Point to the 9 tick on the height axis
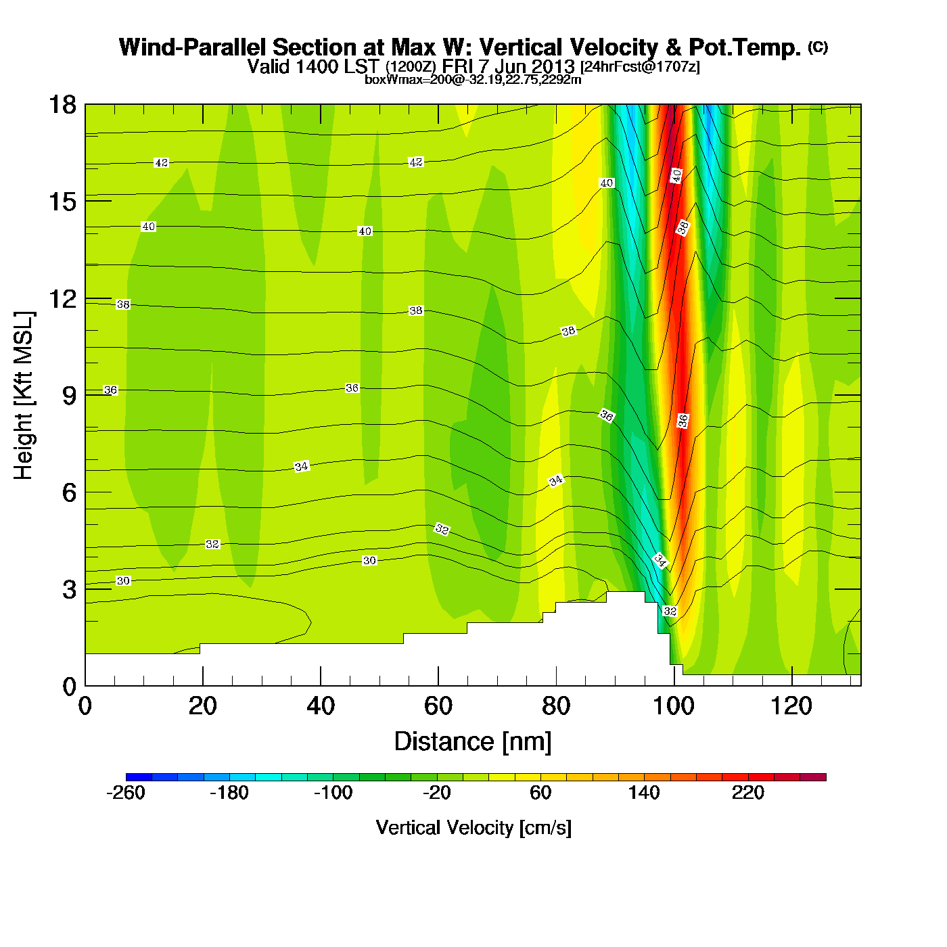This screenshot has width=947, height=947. pos(69,396)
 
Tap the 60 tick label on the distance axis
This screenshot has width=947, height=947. pos(438,706)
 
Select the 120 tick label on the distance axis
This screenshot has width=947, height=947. pos(791,706)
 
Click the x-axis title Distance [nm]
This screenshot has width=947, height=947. pos(473,742)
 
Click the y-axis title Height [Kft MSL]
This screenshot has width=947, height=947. pos(24,396)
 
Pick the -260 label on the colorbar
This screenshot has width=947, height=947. pos(126,793)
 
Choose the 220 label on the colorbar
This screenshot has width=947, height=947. pos(747,793)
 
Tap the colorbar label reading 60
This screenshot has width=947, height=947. pos(540,793)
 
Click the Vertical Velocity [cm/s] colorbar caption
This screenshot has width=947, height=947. pos(473,828)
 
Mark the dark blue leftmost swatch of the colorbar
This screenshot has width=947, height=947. pos(139,777)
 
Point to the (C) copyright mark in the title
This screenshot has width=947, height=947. pos(818,47)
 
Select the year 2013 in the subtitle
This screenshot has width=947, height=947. pos(553,66)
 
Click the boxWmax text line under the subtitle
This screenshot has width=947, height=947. pos(473,79)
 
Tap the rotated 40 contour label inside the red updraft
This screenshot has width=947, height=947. pos(676,176)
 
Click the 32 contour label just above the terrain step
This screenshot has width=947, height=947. pos(670,611)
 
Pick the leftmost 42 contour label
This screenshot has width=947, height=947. pos(161,163)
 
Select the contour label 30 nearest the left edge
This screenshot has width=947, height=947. pos(123,581)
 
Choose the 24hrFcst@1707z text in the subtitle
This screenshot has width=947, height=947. pos(640,67)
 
